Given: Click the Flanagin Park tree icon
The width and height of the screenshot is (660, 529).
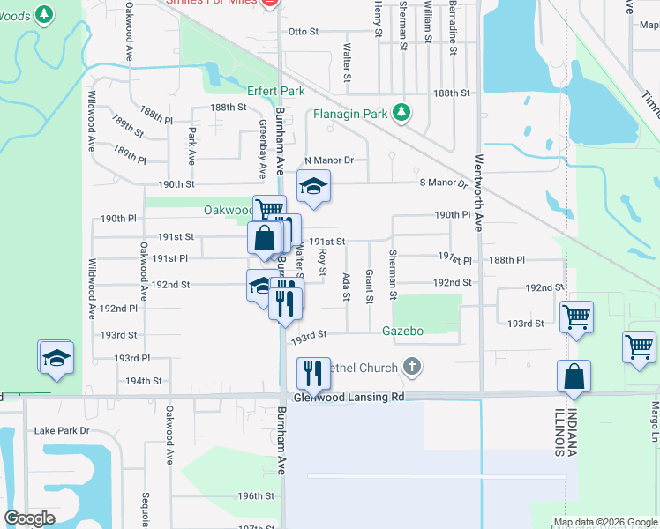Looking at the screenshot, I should [x=401, y=113].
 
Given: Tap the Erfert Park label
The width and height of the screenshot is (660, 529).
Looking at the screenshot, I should [x=275, y=91].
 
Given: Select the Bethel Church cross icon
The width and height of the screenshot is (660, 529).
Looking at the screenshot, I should [x=410, y=366].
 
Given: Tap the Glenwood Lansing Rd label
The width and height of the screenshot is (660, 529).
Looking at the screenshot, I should [x=348, y=398].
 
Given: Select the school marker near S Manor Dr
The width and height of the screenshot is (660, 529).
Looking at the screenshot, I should [x=311, y=187].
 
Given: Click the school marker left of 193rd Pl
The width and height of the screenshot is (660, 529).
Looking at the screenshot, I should [x=56, y=357].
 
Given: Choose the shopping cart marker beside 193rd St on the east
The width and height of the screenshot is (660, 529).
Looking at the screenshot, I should [x=576, y=316].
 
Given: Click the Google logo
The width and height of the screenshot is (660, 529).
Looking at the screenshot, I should [x=29, y=518].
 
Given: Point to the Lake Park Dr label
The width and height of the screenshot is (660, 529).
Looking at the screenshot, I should [x=62, y=431].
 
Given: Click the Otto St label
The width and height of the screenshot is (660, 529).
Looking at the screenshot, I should [x=303, y=32].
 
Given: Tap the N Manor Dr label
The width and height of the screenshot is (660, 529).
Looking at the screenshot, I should [x=328, y=160].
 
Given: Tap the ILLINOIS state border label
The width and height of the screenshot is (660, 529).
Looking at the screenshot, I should [x=559, y=432].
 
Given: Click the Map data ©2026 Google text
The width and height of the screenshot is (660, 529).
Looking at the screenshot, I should [x=605, y=522].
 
